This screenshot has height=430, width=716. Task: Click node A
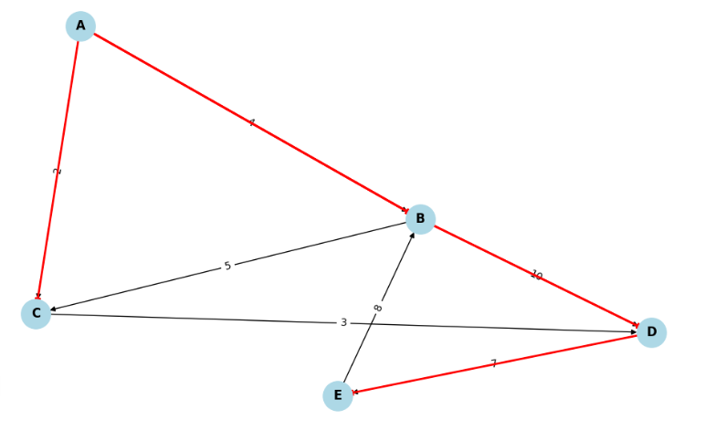[80, 26]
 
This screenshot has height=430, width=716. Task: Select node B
[420, 218]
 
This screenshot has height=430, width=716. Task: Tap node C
[36, 314]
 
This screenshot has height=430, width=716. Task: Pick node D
[651, 332]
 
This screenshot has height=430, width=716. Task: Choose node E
[338, 395]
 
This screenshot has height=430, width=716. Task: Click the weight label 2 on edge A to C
[58, 171]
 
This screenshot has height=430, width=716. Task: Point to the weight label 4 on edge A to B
[251, 122]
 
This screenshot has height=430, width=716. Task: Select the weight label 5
[227, 267]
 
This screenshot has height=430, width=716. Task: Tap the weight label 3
[343, 322]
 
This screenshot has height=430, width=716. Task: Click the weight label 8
[378, 308]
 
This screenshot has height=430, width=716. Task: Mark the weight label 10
[536, 275]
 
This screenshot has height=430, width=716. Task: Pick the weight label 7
[494, 363]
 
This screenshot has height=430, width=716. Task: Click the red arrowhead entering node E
[355, 393]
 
